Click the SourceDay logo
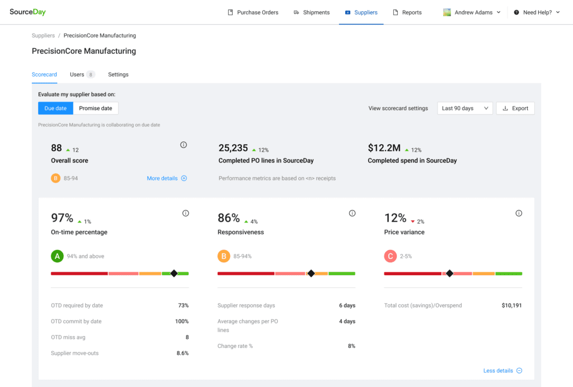(27, 12)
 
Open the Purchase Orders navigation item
(253, 12)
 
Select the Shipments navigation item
(312, 12)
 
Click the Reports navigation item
(407, 12)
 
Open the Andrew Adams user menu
(472, 12)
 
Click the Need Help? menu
(537, 12)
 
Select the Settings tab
(118, 74)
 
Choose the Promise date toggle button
(95, 108)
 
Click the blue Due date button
(55, 108)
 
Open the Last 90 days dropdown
(465, 108)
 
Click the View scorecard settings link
(398, 108)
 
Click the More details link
(167, 178)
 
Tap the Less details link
(502, 371)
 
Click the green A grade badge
(57, 256)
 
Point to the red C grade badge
(390, 256)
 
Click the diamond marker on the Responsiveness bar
(311, 273)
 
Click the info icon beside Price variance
(519, 213)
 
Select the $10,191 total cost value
(511, 306)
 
